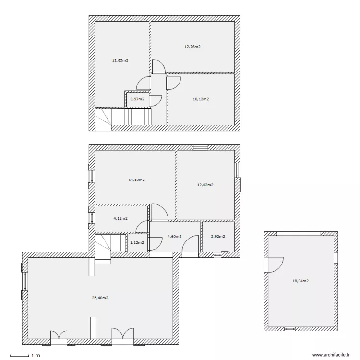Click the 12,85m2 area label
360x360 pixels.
(x=120, y=60)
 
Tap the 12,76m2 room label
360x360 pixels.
(x=192, y=47)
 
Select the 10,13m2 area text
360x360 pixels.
(x=201, y=99)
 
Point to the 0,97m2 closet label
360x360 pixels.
(x=137, y=99)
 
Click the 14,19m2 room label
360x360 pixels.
(x=137, y=180)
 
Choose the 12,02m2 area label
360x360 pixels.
(x=205, y=185)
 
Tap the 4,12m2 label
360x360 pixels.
(x=120, y=218)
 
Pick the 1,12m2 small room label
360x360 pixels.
(x=137, y=243)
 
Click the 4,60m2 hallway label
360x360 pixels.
(x=175, y=237)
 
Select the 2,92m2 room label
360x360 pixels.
(x=218, y=237)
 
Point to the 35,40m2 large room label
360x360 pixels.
(x=100, y=298)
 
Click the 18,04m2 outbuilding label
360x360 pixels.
(x=300, y=281)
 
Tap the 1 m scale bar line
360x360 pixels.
(x=20, y=356)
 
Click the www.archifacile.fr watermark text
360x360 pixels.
(x=331, y=355)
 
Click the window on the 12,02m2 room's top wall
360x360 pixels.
(x=201, y=148)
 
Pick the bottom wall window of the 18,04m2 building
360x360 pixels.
(x=290, y=329)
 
